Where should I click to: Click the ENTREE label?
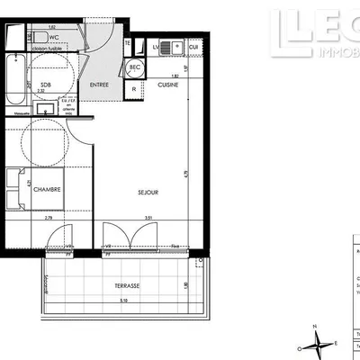click(100, 85)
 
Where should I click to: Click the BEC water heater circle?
click(135, 67)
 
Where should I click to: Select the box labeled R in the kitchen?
click(134, 89)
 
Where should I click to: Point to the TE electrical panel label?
click(128, 43)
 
